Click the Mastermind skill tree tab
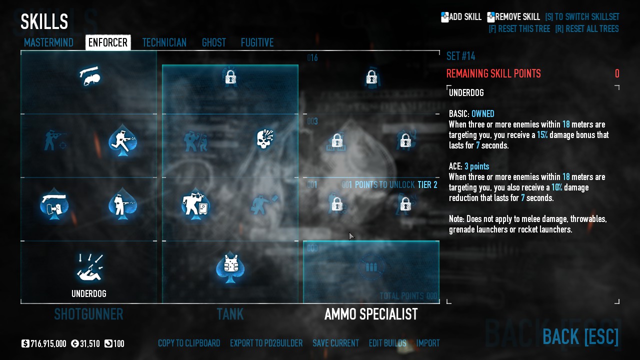[48, 43]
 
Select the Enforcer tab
[108, 43]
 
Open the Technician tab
[164, 43]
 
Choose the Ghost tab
[214, 43]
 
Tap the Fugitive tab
[257, 43]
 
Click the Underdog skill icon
[89, 268]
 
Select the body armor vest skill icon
[230, 267]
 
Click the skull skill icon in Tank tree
[264, 139]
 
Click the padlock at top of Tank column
[230, 77]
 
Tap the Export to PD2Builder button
[266, 343]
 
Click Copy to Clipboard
[189, 343]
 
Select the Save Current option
[335, 343]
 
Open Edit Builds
[387, 343]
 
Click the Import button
[428, 343]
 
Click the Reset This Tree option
[519, 29]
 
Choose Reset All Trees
[586, 29]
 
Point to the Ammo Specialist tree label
[371, 314]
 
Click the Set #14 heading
[460, 56]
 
